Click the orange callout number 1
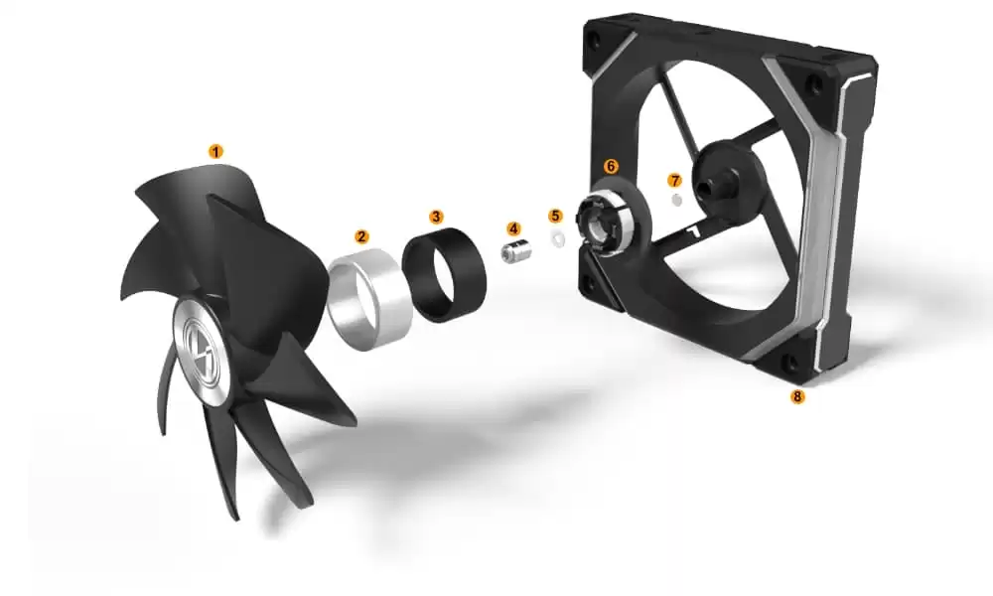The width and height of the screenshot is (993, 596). (215, 152)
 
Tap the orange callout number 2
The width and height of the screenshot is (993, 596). (361, 236)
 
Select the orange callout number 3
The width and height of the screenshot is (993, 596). (436, 217)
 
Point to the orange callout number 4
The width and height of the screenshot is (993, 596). (513, 228)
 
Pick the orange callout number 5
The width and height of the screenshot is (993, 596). (555, 216)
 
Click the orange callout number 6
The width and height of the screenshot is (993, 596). (611, 166)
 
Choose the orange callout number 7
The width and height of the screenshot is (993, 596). (674, 181)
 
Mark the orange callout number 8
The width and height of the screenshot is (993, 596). (796, 396)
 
